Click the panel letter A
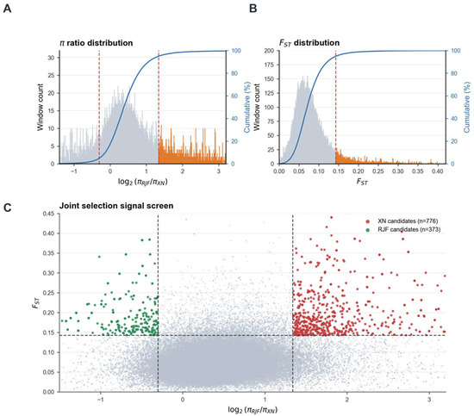(x=7, y=9)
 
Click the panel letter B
(x=253, y=9)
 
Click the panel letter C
(x=7, y=208)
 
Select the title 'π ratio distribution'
(x=97, y=43)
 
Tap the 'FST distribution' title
(x=309, y=43)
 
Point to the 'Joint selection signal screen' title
(x=116, y=206)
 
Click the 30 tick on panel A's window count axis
(x=51, y=58)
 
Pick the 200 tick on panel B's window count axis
(x=270, y=51)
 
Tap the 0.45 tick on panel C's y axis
(x=49, y=214)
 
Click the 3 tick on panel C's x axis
(x=429, y=400)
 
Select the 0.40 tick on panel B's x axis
(x=438, y=171)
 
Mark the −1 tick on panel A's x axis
(x=74, y=171)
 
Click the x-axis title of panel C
(x=253, y=410)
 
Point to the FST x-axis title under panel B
(x=362, y=182)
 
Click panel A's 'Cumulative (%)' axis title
(x=247, y=107)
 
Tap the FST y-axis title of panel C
(x=36, y=302)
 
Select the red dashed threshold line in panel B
(x=335, y=108)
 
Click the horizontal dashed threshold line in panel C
(x=253, y=335)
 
